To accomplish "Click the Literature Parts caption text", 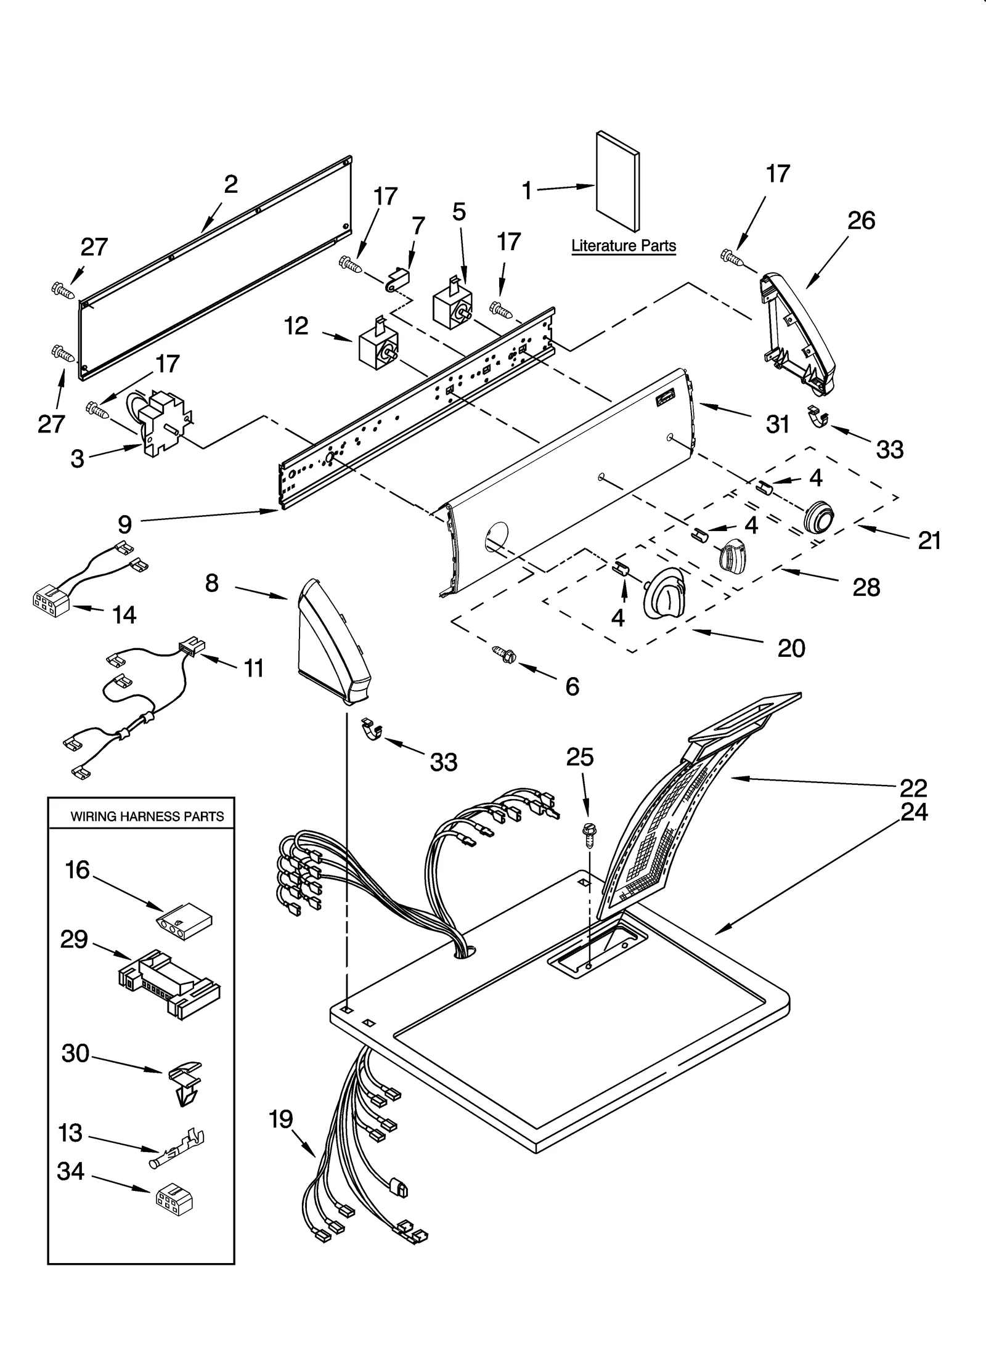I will coord(623,246).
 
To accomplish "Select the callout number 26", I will coord(861,221).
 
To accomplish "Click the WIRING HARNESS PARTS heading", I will coord(147,817).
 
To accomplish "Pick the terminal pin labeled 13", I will coord(178,1145).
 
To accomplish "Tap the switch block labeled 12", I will coord(378,344).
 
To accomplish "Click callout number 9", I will coord(124,524).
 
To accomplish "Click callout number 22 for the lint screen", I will coord(913,788).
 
